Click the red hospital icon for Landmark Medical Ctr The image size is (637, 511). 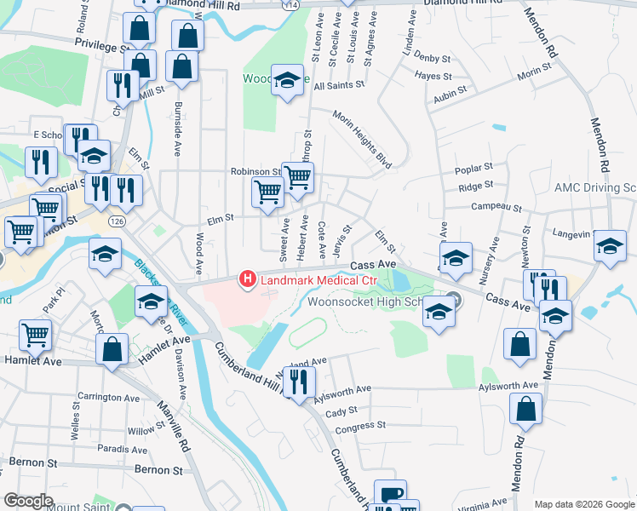[x=248, y=278]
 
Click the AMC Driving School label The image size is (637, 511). [x=594, y=187]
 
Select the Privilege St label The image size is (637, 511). [x=100, y=43]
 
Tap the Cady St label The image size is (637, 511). [x=340, y=411]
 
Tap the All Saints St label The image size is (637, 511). [x=339, y=85]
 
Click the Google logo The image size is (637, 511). [x=29, y=500]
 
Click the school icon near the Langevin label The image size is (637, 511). [x=609, y=245]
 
